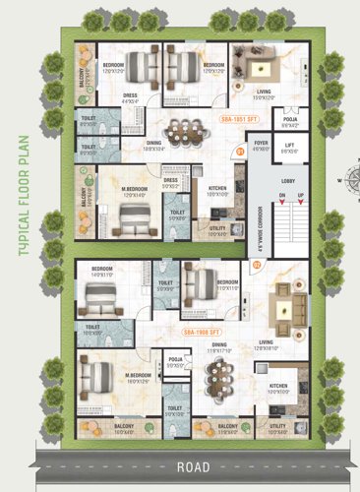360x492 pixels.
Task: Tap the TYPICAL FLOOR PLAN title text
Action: [21, 206]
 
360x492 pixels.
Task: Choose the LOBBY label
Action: [288, 181]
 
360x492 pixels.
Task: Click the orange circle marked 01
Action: [241, 152]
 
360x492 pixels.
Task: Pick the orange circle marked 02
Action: [258, 264]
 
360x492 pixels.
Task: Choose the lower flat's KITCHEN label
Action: [278, 386]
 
